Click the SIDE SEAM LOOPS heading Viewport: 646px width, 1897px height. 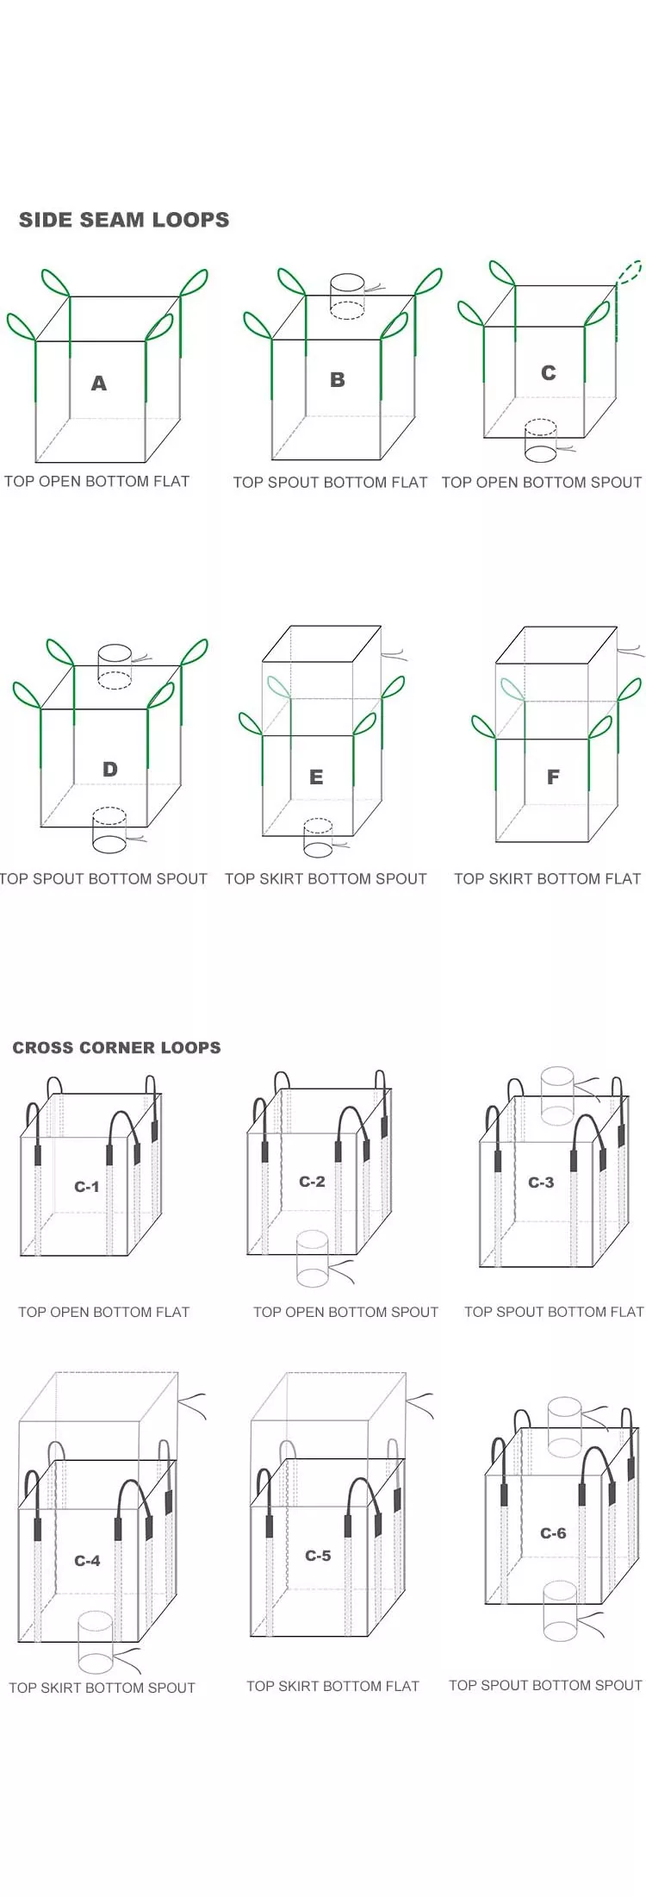point(124,220)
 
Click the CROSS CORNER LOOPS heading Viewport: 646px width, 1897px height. point(116,1047)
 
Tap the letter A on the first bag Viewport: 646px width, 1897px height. point(99,384)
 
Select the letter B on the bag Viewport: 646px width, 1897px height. point(338,380)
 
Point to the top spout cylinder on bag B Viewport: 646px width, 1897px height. point(347,296)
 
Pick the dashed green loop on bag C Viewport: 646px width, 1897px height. point(630,272)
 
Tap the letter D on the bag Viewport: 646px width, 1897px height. point(110,769)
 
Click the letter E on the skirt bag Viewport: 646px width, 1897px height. point(316,777)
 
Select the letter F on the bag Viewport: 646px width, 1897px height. point(553,777)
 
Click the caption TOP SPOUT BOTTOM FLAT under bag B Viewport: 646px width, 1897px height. point(330,483)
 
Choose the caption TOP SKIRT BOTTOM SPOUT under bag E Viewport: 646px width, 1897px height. point(326,879)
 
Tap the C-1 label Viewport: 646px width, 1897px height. point(86,1187)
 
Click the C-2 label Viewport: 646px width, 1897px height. point(312,1182)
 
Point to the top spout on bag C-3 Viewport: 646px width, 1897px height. point(556,1095)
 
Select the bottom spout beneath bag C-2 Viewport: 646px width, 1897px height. point(312,1259)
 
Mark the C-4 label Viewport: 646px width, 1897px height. point(87,1561)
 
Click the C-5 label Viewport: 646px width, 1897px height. point(318,1556)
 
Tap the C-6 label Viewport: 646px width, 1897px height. point(553,1533)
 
